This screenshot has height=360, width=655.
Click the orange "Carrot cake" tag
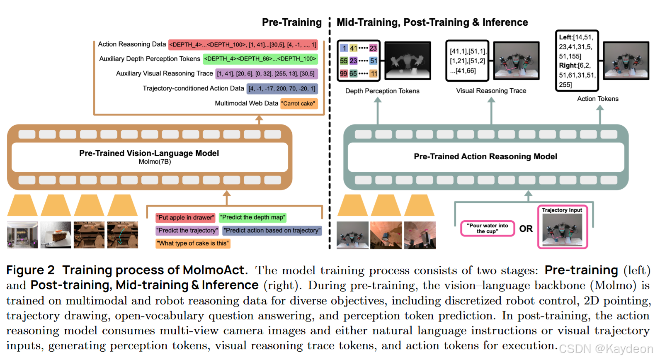tap(299, 103)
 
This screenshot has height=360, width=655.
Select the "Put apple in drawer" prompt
tap(185, 217)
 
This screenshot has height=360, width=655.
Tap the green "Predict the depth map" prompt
tap(252, 217)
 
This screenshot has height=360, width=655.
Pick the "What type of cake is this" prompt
tap(193, 243)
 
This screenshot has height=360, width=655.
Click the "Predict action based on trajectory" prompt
tap(272, 230)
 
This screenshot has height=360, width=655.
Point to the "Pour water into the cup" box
tap(487, 229)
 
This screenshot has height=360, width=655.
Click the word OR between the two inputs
tap(526, 229)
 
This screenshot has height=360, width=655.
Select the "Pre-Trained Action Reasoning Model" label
tap(485, 156)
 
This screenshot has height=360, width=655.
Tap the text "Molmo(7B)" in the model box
tap(155, 162)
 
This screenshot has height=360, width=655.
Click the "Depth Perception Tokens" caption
tap(382, 91)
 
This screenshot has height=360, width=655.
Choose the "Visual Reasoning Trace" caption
tap(491, 90)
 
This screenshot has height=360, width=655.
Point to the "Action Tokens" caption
tap(597, 99)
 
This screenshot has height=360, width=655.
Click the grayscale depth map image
tap(408, 61)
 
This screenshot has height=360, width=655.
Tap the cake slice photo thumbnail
tap(56, 235)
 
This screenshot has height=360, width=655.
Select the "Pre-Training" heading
tap(291, 22)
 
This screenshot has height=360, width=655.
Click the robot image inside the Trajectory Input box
tap(562, 230)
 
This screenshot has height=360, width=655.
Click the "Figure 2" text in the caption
tap(30, 270)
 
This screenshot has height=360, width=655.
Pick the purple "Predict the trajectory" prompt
tap(187, 230)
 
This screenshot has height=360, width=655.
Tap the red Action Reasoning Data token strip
tap(243, 44)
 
